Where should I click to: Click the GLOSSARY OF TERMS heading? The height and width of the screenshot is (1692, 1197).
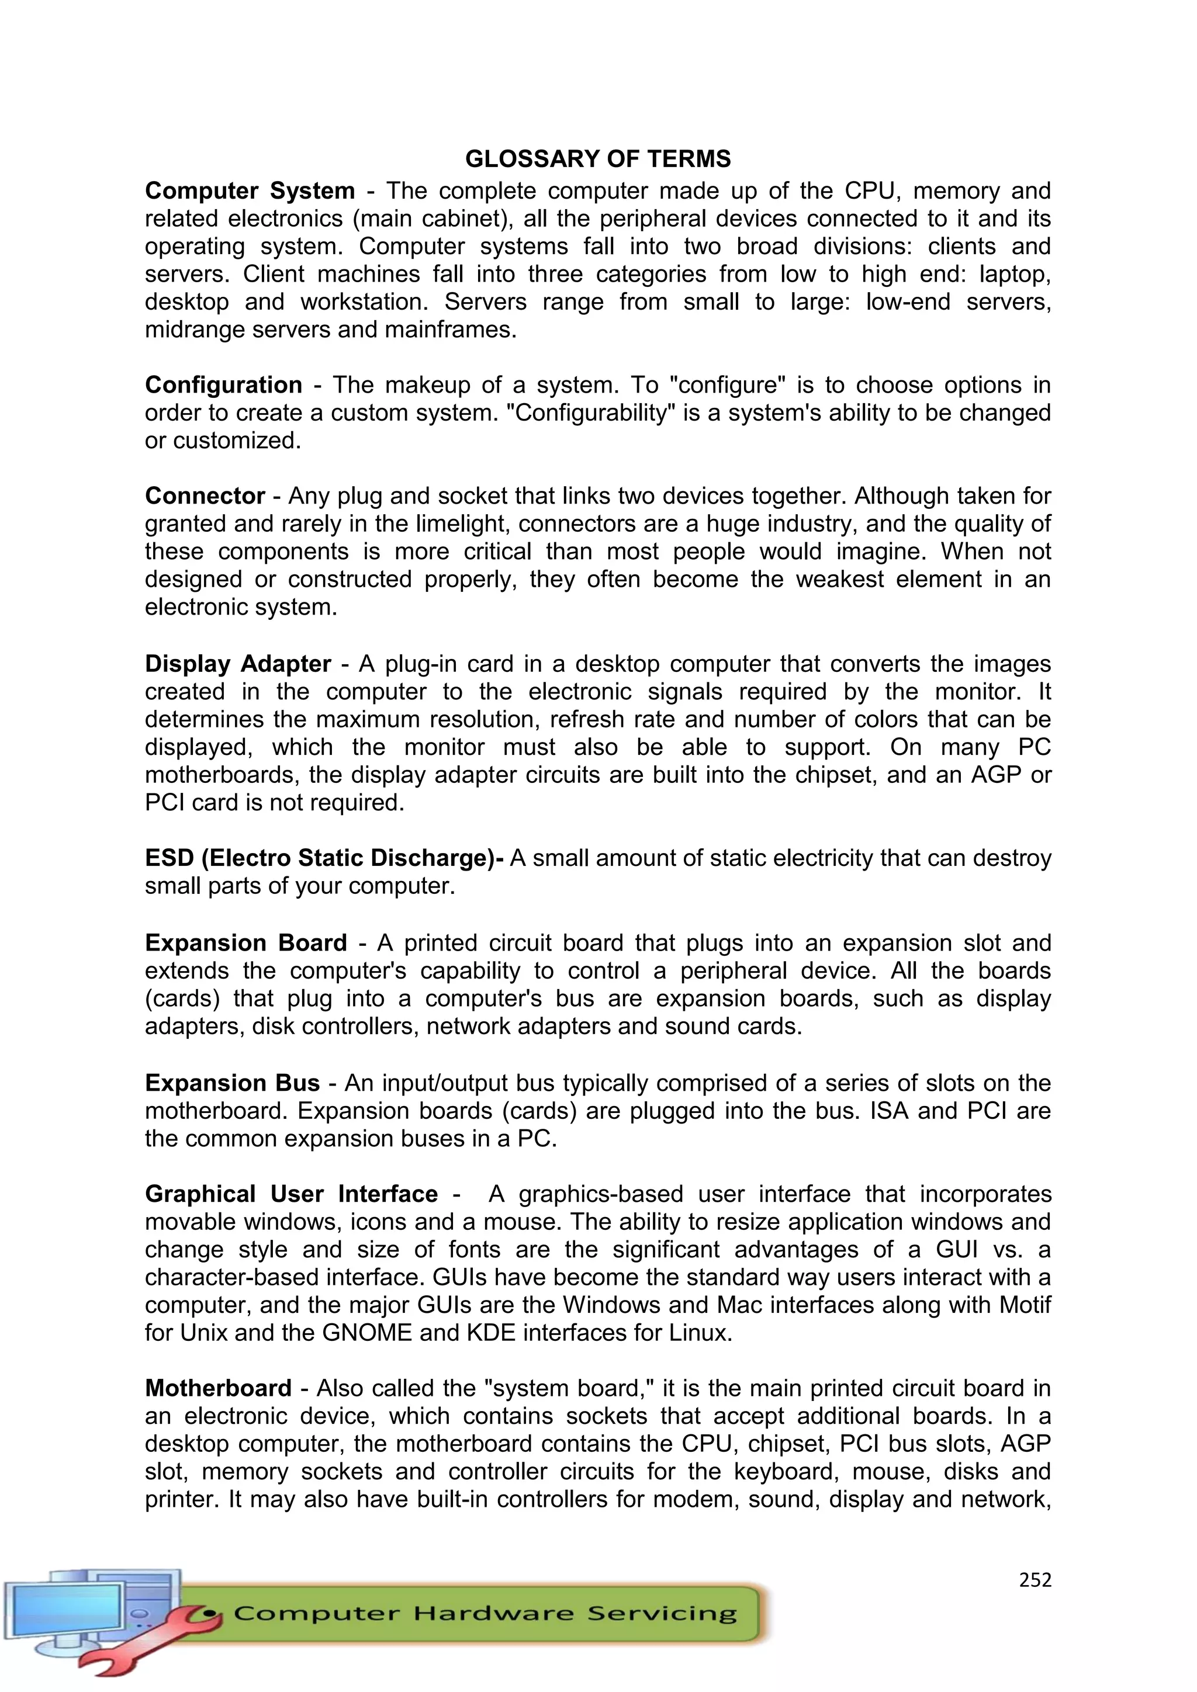pos(598,158)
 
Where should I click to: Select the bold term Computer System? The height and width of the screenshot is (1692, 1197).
pos(250,191)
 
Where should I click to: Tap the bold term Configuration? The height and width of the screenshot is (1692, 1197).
pos(223,384)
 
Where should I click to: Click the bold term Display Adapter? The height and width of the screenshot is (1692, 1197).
pos(237,664)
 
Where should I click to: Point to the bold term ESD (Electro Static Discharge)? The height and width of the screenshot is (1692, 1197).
pos(322,858)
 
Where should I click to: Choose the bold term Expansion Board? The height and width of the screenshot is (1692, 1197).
pos(245,942)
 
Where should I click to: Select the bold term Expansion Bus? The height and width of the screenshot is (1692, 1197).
pos(232,1083)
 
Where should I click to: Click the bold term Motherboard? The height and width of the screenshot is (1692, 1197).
pos(218,1388)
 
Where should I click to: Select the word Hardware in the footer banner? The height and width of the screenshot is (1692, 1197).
pos(492,1613)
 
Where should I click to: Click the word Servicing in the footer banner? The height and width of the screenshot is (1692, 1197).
pos(661,1614)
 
